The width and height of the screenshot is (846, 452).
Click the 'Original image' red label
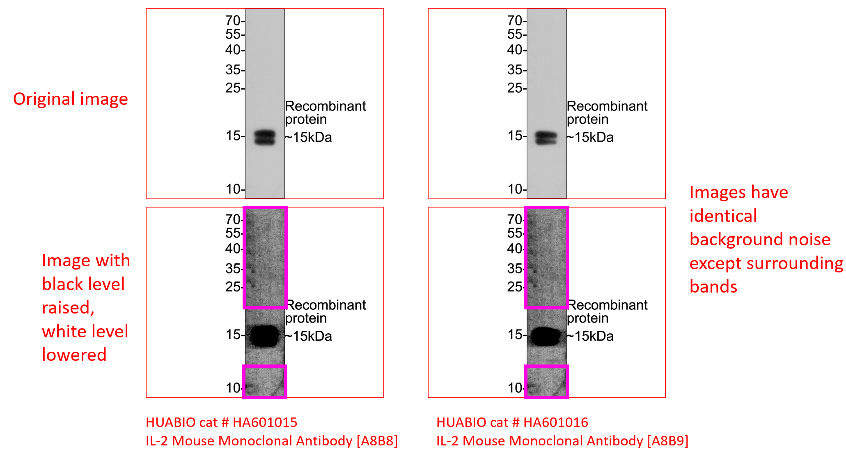tap(71, 99)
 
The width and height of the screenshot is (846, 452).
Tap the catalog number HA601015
tap(265, 422)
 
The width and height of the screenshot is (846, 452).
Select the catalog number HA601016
tap(556, 422)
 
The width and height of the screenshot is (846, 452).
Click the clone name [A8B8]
tap(377, 441)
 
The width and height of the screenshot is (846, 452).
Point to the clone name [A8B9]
tap(668, 441)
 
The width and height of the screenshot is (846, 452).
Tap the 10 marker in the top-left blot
tap(233, 189)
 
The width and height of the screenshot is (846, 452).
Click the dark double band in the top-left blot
tap(264, 137)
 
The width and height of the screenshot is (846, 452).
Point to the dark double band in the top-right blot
tap(546, 138)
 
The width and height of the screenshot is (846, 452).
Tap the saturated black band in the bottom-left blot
tap(265, 336)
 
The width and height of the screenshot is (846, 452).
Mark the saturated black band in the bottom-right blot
tap(546, 337)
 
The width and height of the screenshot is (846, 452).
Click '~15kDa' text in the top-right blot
tap(590, 137)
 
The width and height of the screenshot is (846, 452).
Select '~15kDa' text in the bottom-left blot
tap(309, 336)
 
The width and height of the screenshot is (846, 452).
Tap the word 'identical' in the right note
tap(723, 216)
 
